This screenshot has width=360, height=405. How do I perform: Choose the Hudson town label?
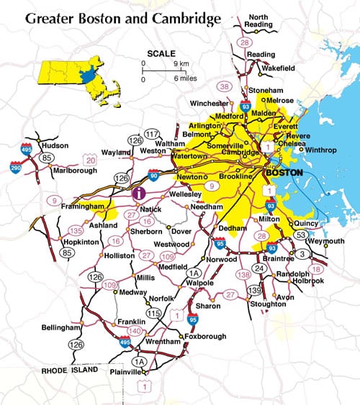55,145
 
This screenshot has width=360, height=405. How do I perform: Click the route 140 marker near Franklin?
135,330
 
